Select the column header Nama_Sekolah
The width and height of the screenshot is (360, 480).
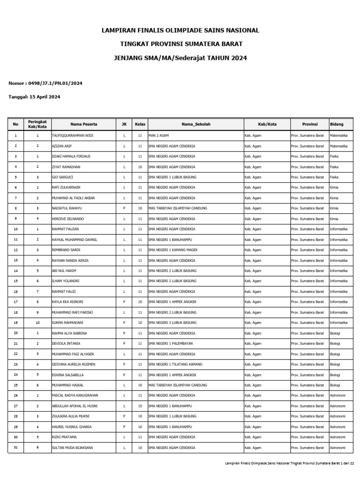click(196, 124)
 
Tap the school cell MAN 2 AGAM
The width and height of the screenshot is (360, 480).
click(158, 135)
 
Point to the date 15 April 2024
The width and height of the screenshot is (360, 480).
click(45, 97)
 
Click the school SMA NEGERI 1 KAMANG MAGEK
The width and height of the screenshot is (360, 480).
click(173, 250)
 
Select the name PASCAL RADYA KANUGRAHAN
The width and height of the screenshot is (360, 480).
click(75, 395)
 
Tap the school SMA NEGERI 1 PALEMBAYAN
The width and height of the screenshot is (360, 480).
click(170, 343)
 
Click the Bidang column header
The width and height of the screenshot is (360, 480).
click(337, 124)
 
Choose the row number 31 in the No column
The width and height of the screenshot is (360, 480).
click(15, 448)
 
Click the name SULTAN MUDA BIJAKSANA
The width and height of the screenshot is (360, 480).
click(72, 448)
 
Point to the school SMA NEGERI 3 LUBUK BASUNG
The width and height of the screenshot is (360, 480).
click(172, 322)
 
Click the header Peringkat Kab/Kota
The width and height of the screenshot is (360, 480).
click(37, 124)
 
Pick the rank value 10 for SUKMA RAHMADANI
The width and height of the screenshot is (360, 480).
click(37, 322)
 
